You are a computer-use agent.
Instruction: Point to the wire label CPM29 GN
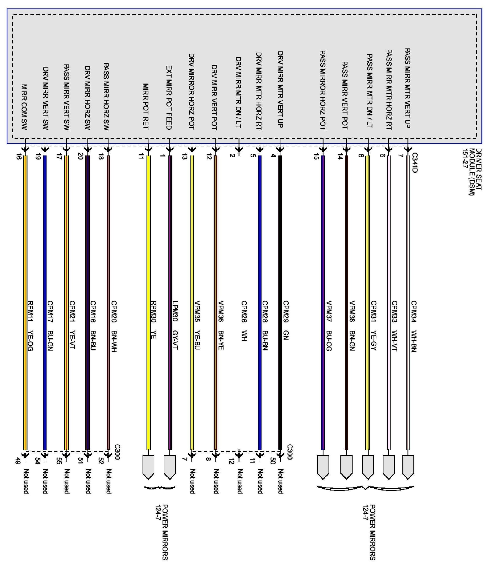(x=286, y=320)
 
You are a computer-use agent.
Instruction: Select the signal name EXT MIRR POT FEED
(x=169, y=97)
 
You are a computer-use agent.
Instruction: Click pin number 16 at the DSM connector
(x=18, y=157)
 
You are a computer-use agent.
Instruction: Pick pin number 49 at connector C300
(x=18, y=461)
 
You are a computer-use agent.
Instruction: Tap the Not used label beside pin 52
(x=109, y=481)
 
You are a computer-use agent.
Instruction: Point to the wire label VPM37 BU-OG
(x=329, y=326)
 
